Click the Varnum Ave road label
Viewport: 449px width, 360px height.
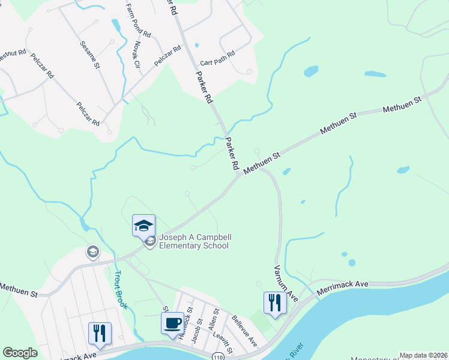286,283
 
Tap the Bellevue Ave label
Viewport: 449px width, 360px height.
245,331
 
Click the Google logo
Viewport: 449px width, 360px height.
20,353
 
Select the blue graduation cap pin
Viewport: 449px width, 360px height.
143,226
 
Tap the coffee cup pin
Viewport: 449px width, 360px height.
173,323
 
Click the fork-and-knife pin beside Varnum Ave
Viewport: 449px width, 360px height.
275,302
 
